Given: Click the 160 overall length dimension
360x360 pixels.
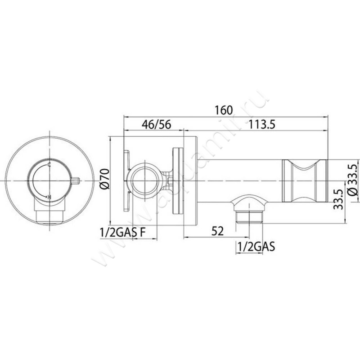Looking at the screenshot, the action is (x=224, y=110).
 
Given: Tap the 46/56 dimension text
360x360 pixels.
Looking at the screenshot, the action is (x=156, y=125).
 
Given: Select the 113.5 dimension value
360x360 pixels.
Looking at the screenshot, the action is (x=262, y=125).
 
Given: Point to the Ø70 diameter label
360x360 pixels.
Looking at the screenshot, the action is (x=105, y=179).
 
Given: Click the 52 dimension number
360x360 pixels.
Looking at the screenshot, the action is (x=217, y=231).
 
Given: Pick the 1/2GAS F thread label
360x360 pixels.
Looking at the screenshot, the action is (x=122, y=233).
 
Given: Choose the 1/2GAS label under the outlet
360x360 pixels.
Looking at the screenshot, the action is (x=256, y=247).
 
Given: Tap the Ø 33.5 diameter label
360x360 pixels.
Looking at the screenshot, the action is (x=353, y=180).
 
